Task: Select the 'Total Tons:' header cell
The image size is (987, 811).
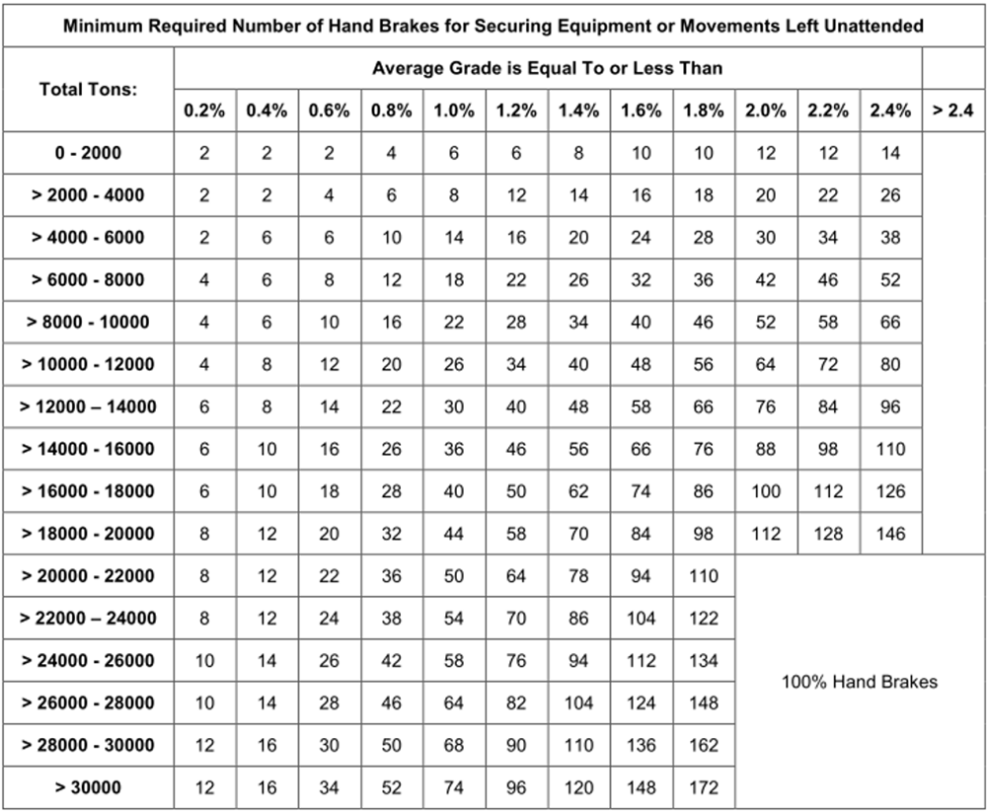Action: pyautogui.click(x=88, y=89)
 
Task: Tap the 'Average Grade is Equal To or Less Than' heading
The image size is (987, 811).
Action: pyautogui.click(x=548, y=68)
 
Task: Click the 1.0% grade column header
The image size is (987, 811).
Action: pyautogui.click(x=454, y=111)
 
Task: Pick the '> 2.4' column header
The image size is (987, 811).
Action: pyautogui.click(x=953, y=111)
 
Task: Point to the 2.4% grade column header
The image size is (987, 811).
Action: pyautogui.click(x=890, y=111)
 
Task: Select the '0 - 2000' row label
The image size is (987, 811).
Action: pyautogui.click(x=88, y=153)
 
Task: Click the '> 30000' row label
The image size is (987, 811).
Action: pyautogui.click(x=88, y=788)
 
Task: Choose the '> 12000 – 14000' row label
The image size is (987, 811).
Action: pyautogui.click(x=88, y=406)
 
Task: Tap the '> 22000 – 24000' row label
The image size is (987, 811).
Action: pyautogui.click(x=88, y=619)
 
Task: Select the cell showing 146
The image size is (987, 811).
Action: pyautogui.click(x=890, y=534)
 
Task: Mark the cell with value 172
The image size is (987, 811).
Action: pyautogui.click(x=704, y=788)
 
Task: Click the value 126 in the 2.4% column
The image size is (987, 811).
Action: pyautogui.click(x=890, y=491)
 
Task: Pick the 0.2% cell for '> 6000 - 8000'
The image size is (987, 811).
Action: pyautogui.click(x=204, y=280)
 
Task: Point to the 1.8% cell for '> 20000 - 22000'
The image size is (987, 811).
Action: pyautogui.click(x=704, y=576)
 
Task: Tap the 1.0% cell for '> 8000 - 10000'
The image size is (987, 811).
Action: pyautogui.click(x=454, y=323)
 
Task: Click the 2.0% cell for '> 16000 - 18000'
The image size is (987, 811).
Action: pyautogui.click(x=766, y=491)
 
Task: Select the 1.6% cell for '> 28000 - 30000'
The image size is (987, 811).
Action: pyautogui.click(x=642, y=746)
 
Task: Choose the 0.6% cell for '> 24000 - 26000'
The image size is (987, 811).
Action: pyautogui.click(x=330, y=661)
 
